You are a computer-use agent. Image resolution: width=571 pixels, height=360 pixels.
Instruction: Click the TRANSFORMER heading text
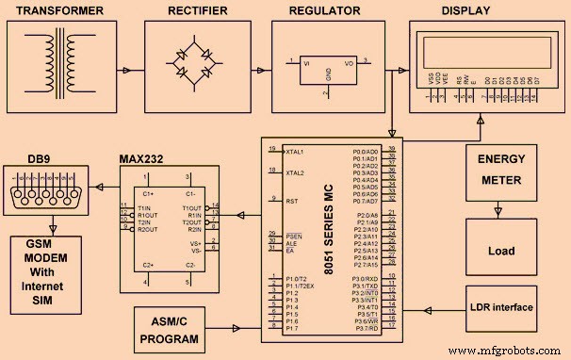click(x=57, y=10)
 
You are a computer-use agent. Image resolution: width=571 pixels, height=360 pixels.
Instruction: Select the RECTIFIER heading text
click(x=198, y=10)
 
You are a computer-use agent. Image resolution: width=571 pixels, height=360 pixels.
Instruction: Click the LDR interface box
click(x=502, y=307)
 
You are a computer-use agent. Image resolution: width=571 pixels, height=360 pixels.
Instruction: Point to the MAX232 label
click(x=144, y=158)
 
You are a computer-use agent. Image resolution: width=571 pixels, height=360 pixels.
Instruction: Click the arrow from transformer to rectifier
click(x=126, y=70)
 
